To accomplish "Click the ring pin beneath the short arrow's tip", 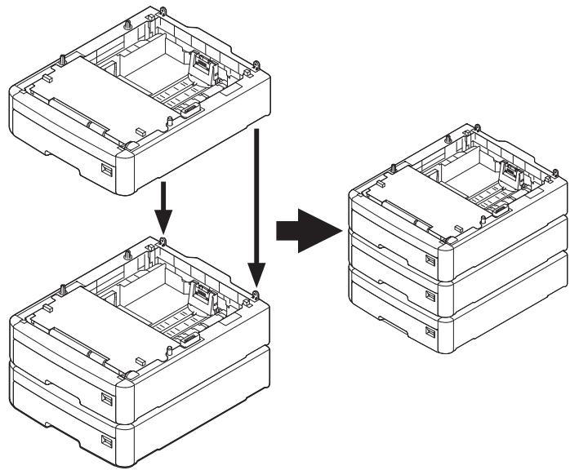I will (164, 242).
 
